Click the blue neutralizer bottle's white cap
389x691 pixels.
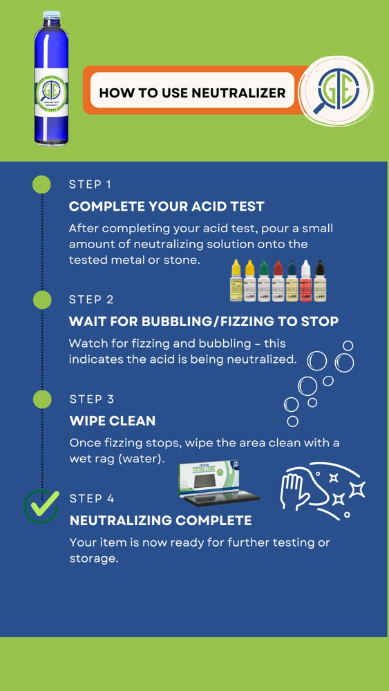(x=52, y=15)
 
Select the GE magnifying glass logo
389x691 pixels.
(x=336, y=90)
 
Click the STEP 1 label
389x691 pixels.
(x=91, y=184)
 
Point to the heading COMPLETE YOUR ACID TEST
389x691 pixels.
(x=167, y=206)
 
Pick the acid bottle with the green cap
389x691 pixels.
(x=263, y=281)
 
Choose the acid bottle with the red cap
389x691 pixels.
(x=278, y=281)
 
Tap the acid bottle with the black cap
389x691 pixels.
(x=319, y=281)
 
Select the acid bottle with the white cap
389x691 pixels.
(x=305, y=281)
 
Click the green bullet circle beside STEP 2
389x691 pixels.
(x=42, y=299)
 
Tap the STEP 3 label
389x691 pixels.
(x=91, y=399)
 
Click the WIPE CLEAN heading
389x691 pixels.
(x=113, y=420)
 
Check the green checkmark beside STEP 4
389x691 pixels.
(x=41, y=505)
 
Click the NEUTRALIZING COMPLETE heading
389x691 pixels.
(x=160, y=520)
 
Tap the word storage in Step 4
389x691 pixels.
(x=94, y=558)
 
